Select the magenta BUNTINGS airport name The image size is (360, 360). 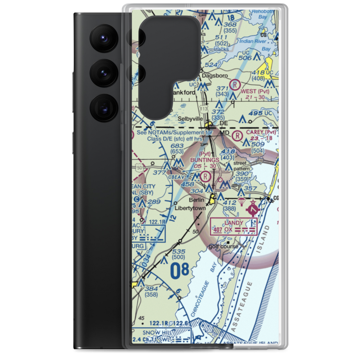[x=205, y=160]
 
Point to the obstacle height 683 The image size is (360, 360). [x=177, y=146]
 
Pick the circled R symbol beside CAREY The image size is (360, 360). [x=237, y=136]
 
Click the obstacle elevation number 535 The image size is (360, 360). [x=179, y=252]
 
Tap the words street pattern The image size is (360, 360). [x=241, y=166]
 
